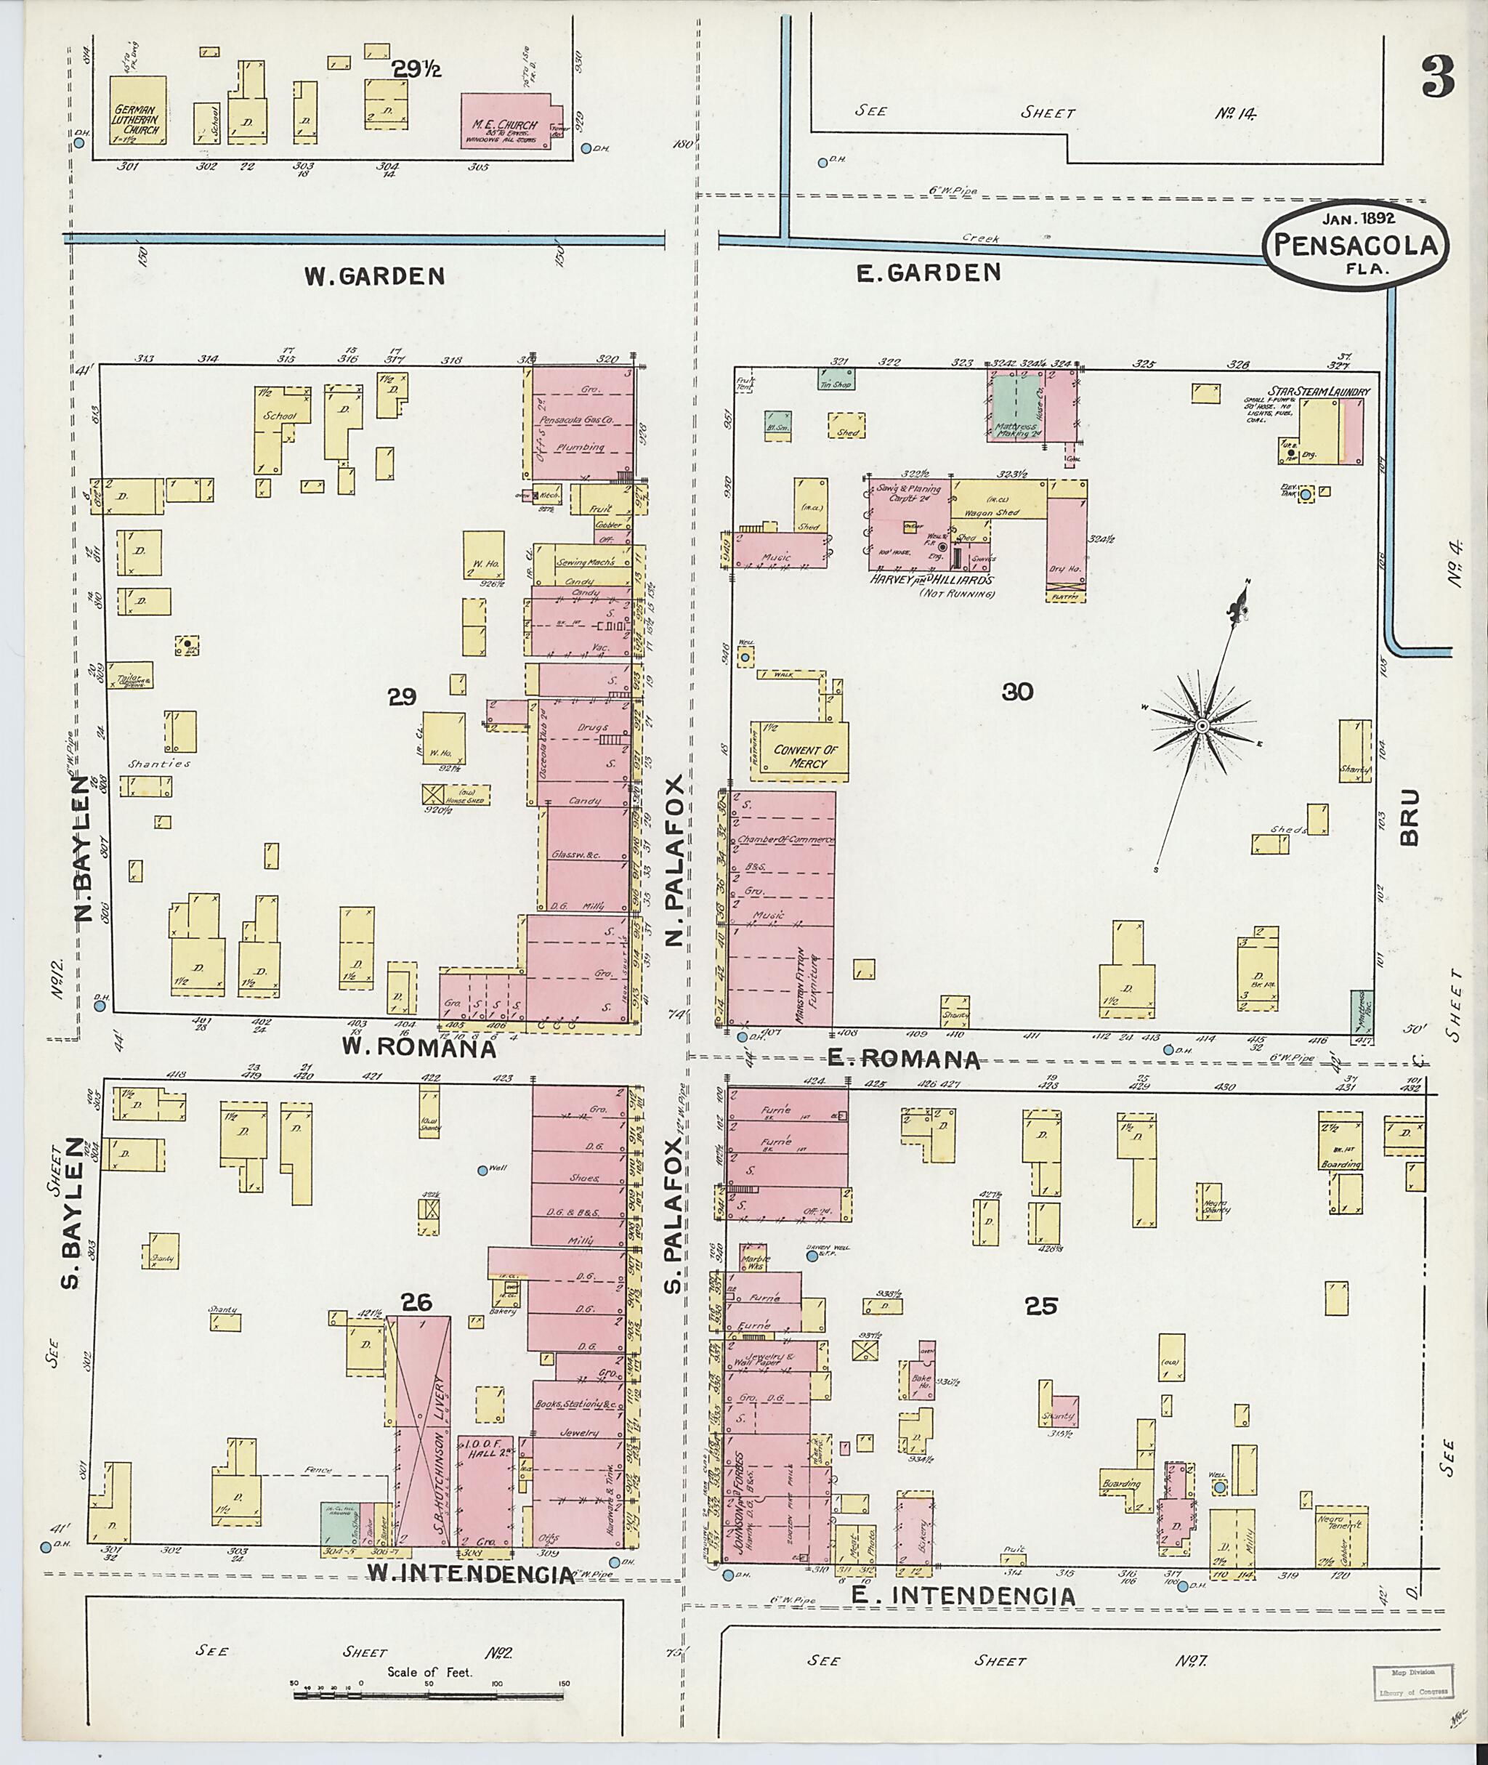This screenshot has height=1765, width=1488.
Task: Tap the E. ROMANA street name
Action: tap(903, 1059)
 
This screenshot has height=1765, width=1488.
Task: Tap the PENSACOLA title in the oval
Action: tap(1355, 245)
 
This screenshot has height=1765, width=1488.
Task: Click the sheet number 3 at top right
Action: tap(1437, 77)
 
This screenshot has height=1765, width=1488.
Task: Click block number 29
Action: tap(403, 697)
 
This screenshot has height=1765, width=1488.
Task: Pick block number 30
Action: tap(1017, 692)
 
